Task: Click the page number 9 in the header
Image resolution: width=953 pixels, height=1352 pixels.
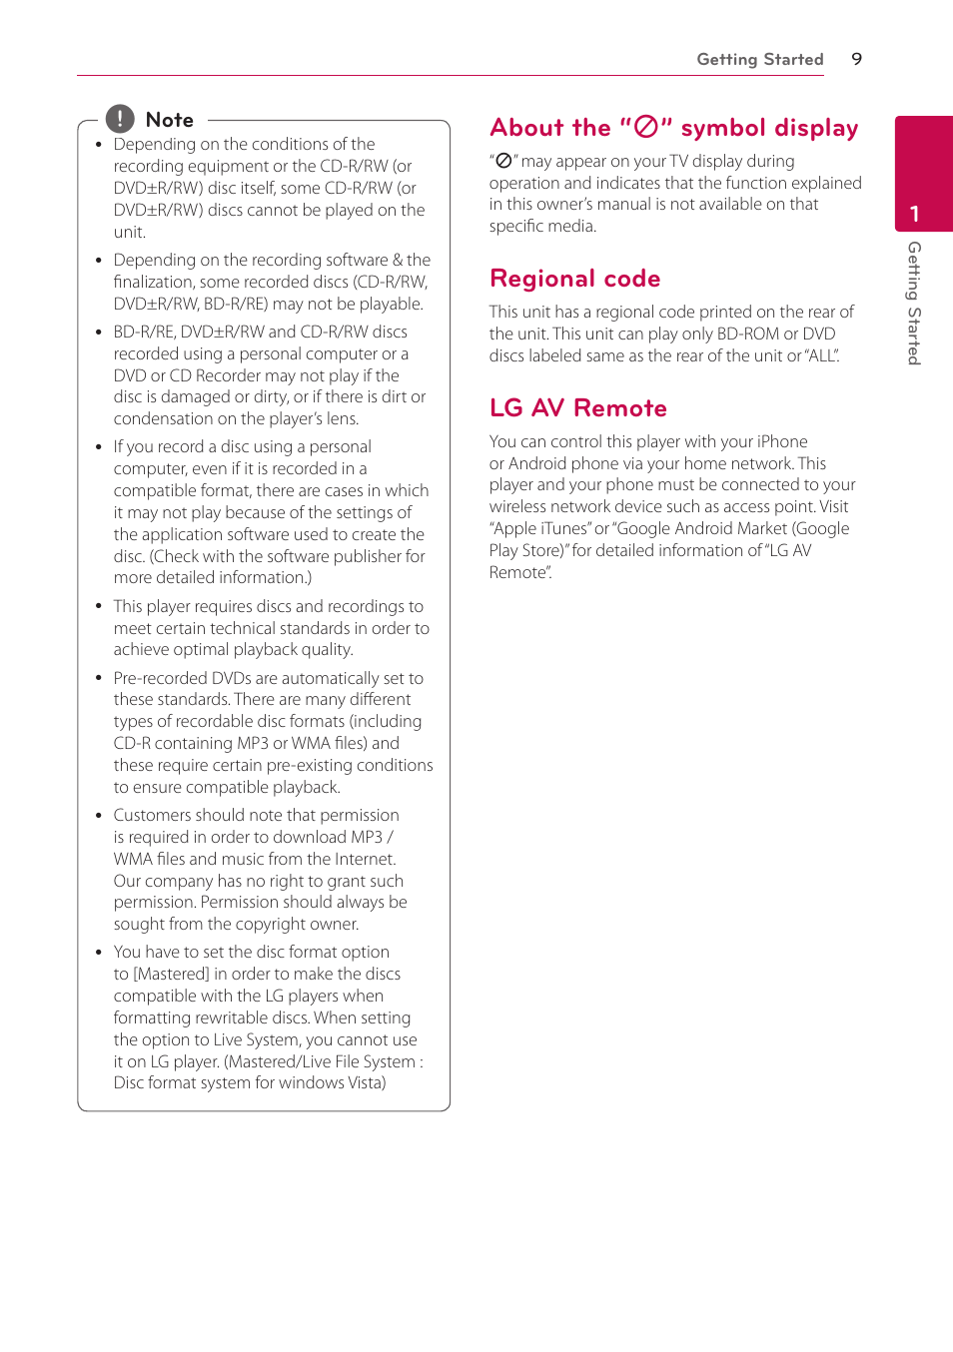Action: point(856,59)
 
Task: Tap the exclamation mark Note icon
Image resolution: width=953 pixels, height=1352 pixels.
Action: point(120,119)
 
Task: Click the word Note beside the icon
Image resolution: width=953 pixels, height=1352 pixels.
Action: point(169,120)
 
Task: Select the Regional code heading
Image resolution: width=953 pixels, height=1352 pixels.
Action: point(574,279)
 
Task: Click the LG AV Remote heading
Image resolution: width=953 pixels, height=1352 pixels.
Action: point(577,408)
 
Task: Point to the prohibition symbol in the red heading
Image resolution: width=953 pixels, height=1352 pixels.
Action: point(646,127)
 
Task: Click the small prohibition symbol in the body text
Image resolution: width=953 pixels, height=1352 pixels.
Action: point(503,161)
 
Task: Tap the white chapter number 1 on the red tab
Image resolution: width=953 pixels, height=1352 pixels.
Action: point(914,214)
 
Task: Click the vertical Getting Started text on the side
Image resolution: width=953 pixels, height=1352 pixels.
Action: point(914,303)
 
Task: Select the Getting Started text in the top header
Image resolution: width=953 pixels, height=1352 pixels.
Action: point(759,59)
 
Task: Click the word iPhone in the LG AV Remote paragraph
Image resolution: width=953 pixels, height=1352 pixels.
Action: point(782,441)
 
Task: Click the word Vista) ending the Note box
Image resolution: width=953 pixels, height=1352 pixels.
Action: point(366,1082)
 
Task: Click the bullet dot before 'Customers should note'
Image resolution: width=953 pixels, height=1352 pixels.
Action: point(98,816)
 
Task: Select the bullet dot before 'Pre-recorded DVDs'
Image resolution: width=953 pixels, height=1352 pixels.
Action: point(98,678)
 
